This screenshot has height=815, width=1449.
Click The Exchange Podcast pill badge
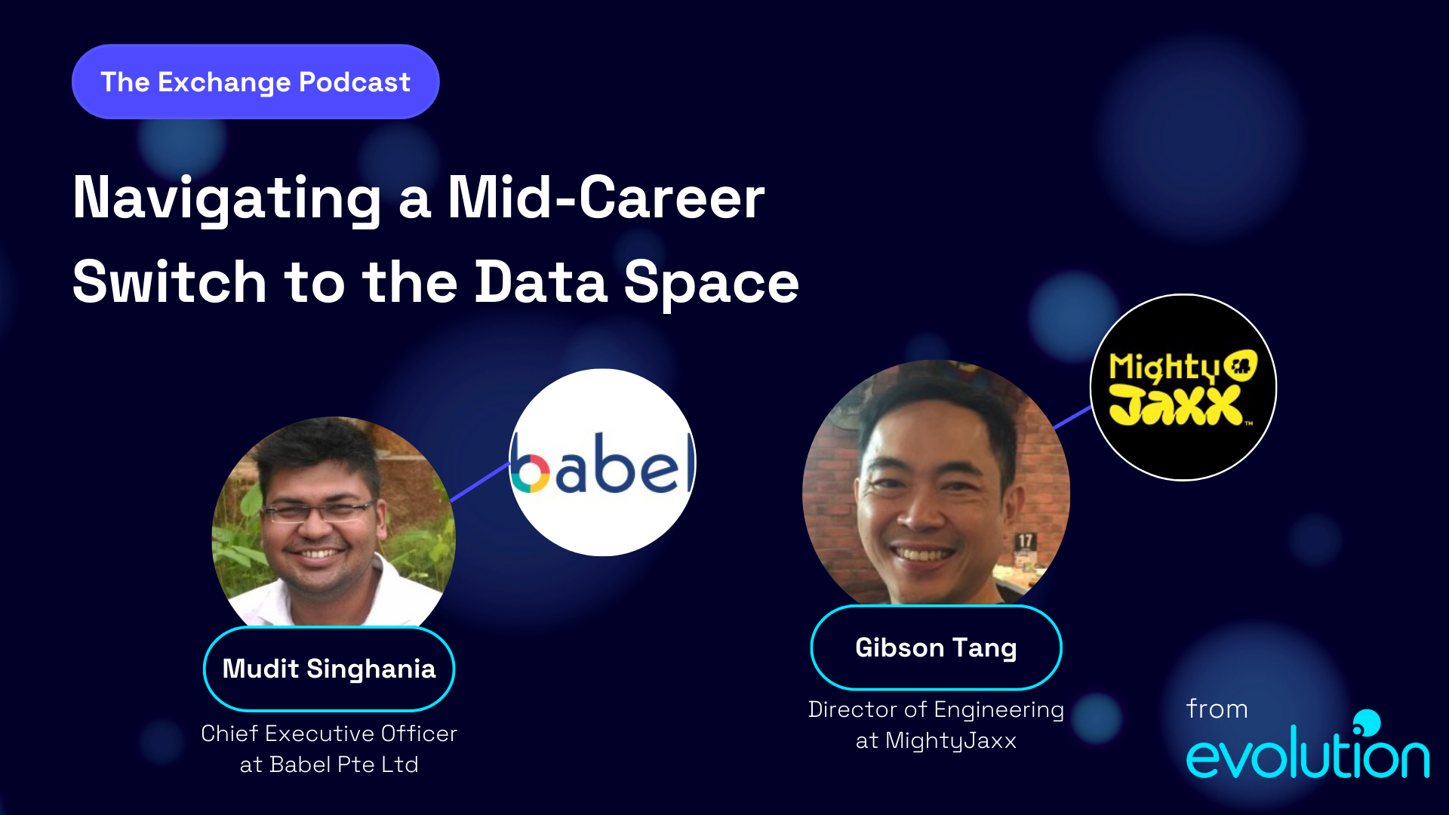pyautogui.click(x=255, y=81)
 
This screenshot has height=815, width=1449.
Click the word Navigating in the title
pyautogui.click(x=226, y=198)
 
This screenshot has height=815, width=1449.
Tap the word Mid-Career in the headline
pyautogui.click(x=606, y=198)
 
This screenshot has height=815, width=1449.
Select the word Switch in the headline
pyautogui.click(x=169, y=282)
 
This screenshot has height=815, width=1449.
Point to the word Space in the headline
pyautogui.click(x=711, y=282)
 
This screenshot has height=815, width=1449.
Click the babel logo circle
pyautogui.click(x=602, y=463)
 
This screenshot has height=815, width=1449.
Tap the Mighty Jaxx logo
pyautogui.click(x=1183, y=387)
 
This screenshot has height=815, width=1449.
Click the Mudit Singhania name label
pyautogui.click(x=329, y=669)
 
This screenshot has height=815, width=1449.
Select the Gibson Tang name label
pyautogui.click(x=936, y=647)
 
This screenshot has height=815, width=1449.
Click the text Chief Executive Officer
pyautogui.click(x=329, y=733)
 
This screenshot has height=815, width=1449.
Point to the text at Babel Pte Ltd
pyautogui.click(x=329, y=764)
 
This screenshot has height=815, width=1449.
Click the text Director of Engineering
pyautogui.click(x=936, y=709)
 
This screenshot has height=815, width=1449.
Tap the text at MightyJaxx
pyautogui.click(x=936, y=740)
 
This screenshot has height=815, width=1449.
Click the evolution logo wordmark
pyautogui.click(x=1307, y=755)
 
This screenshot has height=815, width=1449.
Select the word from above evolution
pyautogui.click(x=1217, y=709)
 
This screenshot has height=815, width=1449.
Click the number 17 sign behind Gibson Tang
pyautogui.click(x=1025, y=541)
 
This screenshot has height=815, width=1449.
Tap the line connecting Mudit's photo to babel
pyautogui.click(x=480, y=482)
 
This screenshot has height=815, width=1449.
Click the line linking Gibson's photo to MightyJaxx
pyautogui.click(x=1072, y=417)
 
